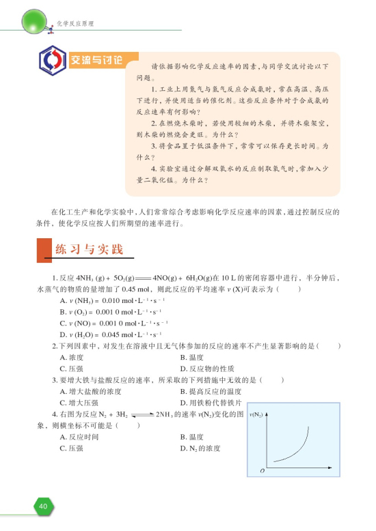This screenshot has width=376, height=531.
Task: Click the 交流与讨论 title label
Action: [x=97, y=59]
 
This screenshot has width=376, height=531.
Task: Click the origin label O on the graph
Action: [x=261, y=472]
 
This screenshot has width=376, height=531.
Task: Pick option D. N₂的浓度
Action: [x=200, y=448]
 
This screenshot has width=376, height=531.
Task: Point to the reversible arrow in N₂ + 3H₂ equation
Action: [x=142, y=414]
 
